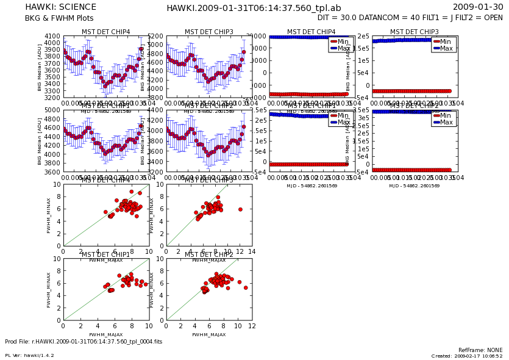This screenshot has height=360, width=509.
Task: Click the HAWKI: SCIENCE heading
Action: point(60,7)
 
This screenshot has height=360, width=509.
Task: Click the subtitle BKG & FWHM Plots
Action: point(58,18)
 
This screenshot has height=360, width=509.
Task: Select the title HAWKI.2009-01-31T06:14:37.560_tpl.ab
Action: point(254,8)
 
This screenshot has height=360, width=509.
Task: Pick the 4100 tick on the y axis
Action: point(52,37)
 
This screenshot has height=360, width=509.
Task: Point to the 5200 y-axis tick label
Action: point(155,37)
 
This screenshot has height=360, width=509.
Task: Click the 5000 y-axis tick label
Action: point(52,110)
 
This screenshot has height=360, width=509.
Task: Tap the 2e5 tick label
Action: point(363,37)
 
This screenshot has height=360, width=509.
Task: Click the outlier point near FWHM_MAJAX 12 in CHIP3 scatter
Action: point(240,209)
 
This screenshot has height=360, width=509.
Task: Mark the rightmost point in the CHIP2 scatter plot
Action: point(246,287)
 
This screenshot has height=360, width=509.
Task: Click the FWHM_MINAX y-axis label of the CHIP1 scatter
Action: point(49,290)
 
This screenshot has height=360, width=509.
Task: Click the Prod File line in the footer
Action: point(84,342)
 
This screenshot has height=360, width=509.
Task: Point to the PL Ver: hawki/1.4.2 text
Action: point(29,355)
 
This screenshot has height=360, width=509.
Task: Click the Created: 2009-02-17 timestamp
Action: point(467,356)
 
